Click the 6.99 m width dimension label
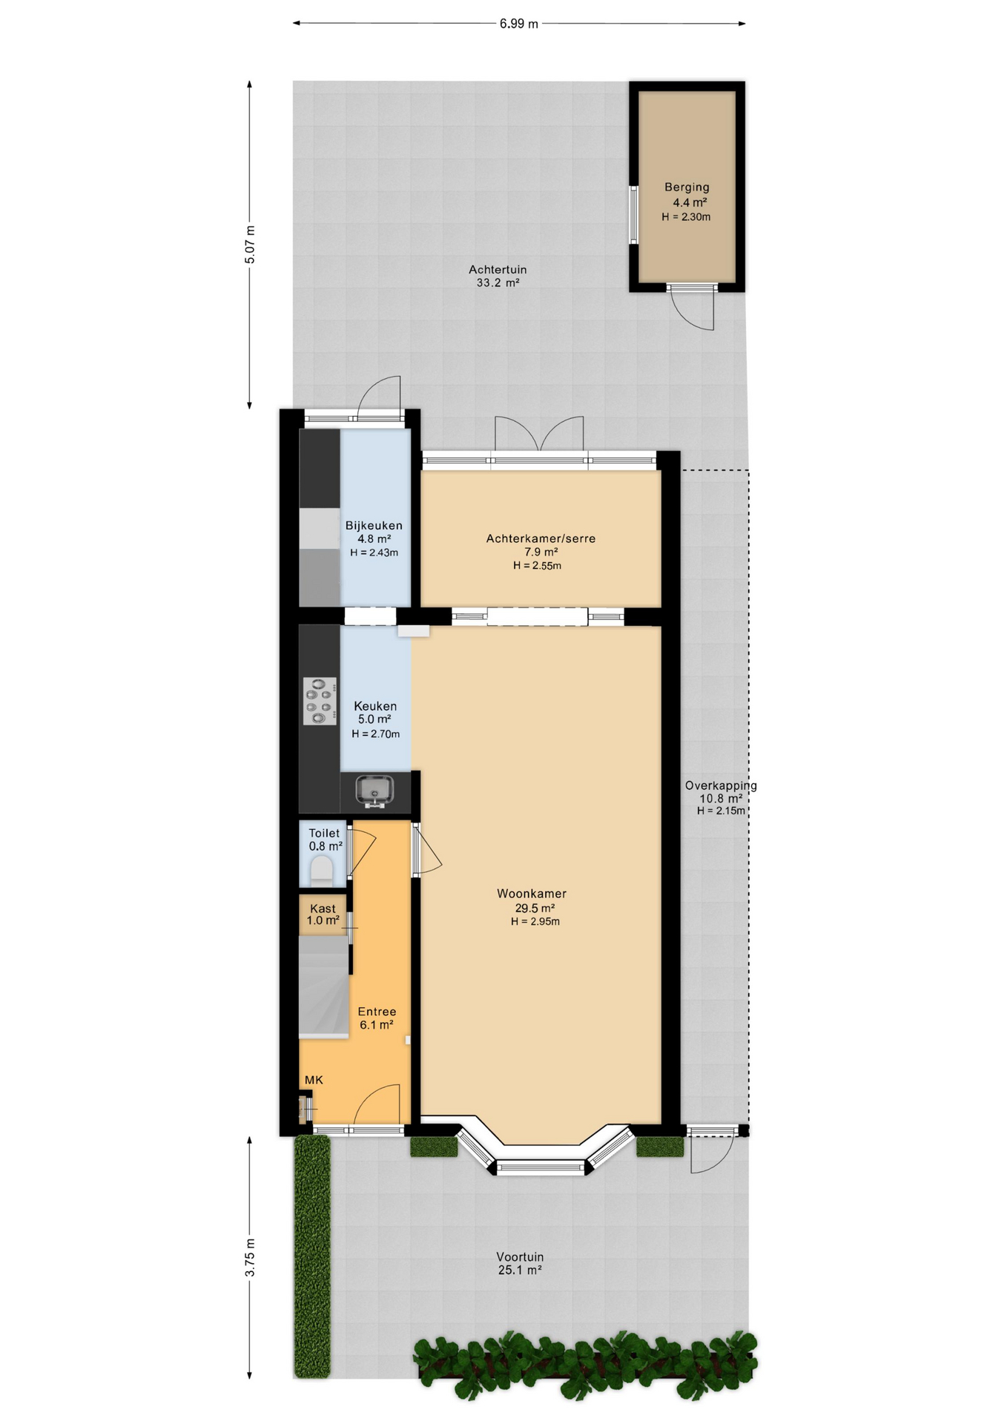tap(518, 24)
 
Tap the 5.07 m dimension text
tap(250, 245)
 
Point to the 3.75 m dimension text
tap(250, 1258)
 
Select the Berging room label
tap(687, 187)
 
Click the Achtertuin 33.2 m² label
tap(498, 276)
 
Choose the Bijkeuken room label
tap(374, 526)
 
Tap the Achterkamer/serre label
tap(541, 538)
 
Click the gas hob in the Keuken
tap(320, 701)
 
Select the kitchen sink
tap(374, 791)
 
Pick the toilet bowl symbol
tap(321, 868)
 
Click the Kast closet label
tap(323, 909)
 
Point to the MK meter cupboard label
tap(314, 1080)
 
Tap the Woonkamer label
tap(532, 894)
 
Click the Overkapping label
tap(721, 785)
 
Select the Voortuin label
tap(520, 1257)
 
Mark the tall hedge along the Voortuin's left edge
tap(312, 1257)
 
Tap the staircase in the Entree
tap(324, 986)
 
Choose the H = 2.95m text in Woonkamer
tap(535, 922)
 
